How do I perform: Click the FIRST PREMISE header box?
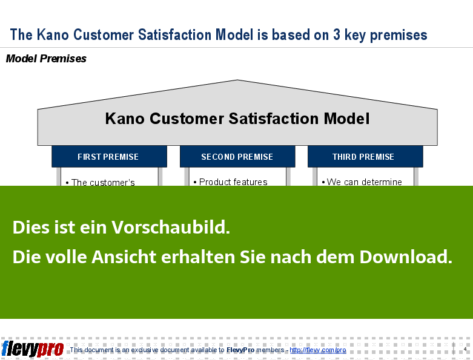click(x=109, y=156)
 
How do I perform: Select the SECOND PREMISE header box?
click(x=237, y=156)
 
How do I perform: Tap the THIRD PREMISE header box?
click(x=365, y=156)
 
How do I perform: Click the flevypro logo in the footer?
click(x=33, y=349)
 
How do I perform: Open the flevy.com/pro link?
click(x=318, y=350)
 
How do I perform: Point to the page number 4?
click(x=465, y=349)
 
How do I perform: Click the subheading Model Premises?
click(x=46, y=59)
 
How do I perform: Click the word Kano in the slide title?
click(x=53, y=34)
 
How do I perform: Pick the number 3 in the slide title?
click(x=337, y=34)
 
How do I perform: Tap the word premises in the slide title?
click(x=399, y=36)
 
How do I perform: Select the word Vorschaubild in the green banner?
click(x=171, y=227)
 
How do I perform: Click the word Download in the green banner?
click(x=406, y=257)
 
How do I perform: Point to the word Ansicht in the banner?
click(x=124, y=257)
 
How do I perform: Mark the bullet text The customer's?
click(x=103, y=182)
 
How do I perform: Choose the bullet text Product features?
click(x=233, y=182)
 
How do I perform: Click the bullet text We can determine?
click(x=365, y=182)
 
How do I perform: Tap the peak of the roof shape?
click(x=237, y=80)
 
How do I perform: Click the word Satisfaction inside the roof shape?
click(x=274, y=119)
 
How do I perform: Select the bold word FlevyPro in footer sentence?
click(x=240, y=350)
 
